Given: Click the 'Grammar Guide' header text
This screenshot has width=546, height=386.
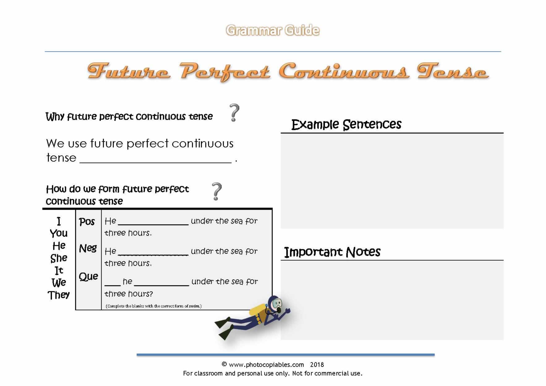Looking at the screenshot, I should [x=272, y=30].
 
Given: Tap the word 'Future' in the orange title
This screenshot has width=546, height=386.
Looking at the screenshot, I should [x=129, y=72].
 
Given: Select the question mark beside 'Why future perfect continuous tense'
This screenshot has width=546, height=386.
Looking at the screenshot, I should [x=234, y=113].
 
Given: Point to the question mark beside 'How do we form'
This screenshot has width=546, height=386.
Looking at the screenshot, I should [x=216, y=191].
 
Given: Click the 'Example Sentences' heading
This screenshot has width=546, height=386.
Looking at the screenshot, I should [x=346, y=125].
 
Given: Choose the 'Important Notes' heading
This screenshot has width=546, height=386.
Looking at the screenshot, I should [x=332, y=252].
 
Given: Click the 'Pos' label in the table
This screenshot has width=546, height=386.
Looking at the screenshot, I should [x=87, y=222].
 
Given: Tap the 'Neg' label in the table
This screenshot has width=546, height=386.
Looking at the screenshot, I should [x=88, y=248].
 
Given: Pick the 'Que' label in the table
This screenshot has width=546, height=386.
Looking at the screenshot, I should [x=88, y=277].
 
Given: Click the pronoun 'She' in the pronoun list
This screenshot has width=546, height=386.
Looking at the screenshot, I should [x=59, y=258].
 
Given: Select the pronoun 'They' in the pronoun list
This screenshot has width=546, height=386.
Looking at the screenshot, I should [x=59, y=295].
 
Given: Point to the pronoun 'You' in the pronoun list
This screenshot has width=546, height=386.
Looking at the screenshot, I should [x=59, y=233].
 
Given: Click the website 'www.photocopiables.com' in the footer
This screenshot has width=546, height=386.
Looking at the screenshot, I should [x=266, y=365].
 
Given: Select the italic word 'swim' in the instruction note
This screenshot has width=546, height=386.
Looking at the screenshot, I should [x=194, y=306].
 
